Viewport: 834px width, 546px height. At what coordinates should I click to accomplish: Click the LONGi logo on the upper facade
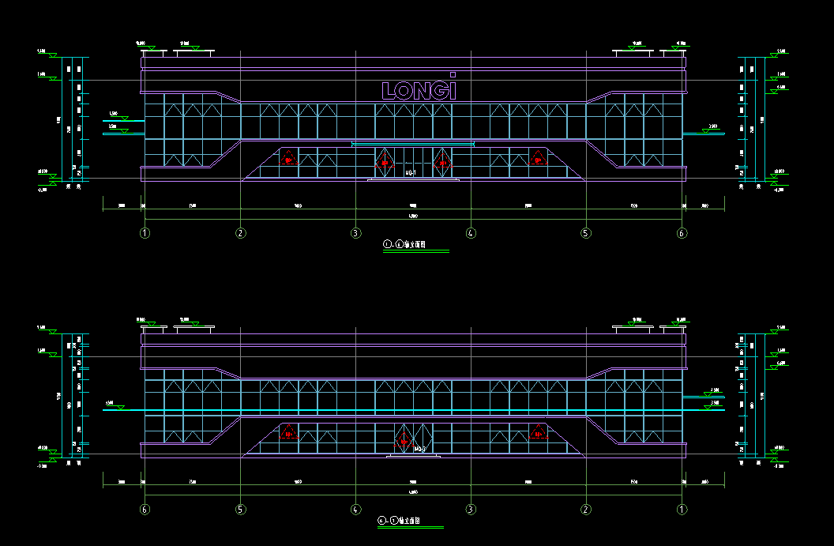click(x=419, y=88)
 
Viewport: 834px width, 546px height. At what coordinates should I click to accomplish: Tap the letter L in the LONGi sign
click(x=387, y=90)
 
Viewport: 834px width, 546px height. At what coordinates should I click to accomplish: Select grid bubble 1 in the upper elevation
click(x=145, y=233)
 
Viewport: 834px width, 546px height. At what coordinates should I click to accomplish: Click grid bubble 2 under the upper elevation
click(x=241, y=233)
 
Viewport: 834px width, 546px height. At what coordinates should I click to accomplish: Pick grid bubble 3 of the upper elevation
click(x=355, y=233)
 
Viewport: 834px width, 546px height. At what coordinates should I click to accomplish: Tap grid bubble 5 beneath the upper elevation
click(x=585, y=233)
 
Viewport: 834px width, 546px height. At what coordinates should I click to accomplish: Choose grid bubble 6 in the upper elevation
click(x=682, y=233)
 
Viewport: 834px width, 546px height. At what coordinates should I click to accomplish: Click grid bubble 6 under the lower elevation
click(x=145, y=510)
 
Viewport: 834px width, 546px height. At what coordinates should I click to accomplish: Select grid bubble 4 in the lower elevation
click(x=355, y=510)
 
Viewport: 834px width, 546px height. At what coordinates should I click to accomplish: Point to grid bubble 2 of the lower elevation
click(x=585, y=510)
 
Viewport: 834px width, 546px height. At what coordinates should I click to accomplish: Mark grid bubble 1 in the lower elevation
click(x=682, y=510)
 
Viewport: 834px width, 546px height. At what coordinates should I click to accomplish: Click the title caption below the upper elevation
click(x=404, y=245)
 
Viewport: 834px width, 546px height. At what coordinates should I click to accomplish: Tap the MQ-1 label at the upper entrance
click(x=411, y=172)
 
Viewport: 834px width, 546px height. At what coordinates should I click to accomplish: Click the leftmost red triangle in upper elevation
click(x=288, y=157)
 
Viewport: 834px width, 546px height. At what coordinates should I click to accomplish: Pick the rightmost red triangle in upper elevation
click(x=538, y=157)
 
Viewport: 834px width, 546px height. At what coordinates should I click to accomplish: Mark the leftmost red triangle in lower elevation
click(x=288, y=432)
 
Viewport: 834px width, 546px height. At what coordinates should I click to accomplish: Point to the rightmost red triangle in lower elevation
click(x=538, y=432)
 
